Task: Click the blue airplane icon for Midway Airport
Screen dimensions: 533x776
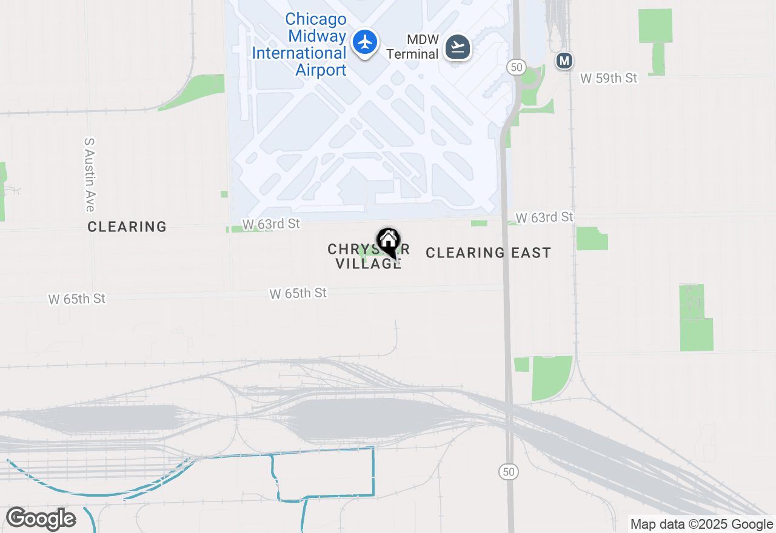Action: [x=365, y=42]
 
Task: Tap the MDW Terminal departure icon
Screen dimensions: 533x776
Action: [x=458, y=47]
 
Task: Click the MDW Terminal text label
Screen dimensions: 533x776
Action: [x=412, y=47]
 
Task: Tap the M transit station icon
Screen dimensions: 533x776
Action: [x=564, y=61]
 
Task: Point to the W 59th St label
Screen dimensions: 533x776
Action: [x=609, y=78]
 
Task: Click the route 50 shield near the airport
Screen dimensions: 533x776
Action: [x=517, y=67]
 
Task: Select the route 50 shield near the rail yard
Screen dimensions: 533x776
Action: [x=509, y=472]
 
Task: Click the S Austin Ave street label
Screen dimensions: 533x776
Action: [x=90, y=174]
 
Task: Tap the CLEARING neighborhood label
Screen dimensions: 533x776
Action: [x=127, y=227]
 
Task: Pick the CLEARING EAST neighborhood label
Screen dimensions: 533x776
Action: [x=488, y=253]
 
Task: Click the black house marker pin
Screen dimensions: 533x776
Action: [x=388, y=242]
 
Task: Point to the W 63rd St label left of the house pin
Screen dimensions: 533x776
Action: [x=271, y=224]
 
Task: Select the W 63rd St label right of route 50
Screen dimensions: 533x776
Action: [x=544, y=217]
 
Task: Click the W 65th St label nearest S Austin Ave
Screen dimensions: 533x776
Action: [x=77, y=299]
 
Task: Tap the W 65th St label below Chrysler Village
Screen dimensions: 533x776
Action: [x=298, y=294]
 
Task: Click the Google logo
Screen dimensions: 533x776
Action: [x=41, y=519]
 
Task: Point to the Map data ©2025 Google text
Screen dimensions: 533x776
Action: [x=701, y=525]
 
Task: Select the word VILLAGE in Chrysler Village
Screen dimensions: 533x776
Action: [x=368, y=263]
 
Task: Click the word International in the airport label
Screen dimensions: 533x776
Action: [x=299, y=53]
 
